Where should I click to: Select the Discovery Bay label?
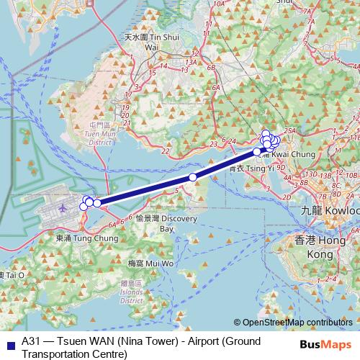158,223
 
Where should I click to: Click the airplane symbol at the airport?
62,207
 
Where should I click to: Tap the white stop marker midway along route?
192,177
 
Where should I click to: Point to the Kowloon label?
331,212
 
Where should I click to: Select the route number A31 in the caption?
32,342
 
